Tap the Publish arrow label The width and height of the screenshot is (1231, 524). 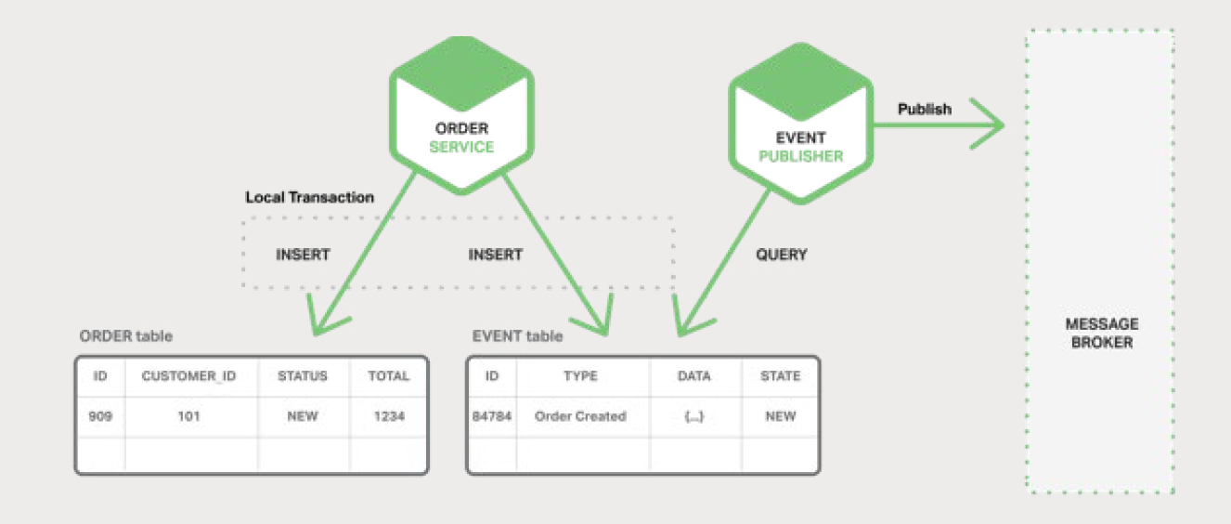coord(924,109)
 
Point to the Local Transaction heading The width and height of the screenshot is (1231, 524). coord(309,198)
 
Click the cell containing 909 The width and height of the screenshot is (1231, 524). coord(100,416)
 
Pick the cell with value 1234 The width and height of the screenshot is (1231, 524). coord(388,416)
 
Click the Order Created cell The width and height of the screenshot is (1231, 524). coord(580,416)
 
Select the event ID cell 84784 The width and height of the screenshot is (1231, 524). coord(492,416)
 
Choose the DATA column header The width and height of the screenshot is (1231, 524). coord(693,376)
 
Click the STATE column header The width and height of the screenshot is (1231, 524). coord(780,376)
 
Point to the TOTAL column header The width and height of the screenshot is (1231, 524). coord(388,376)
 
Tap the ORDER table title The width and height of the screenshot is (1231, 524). coord(125,335)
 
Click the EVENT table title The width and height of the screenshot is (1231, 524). coord(517,335)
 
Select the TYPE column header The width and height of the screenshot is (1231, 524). coord(580,376)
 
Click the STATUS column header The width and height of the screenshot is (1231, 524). coord(303,376)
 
